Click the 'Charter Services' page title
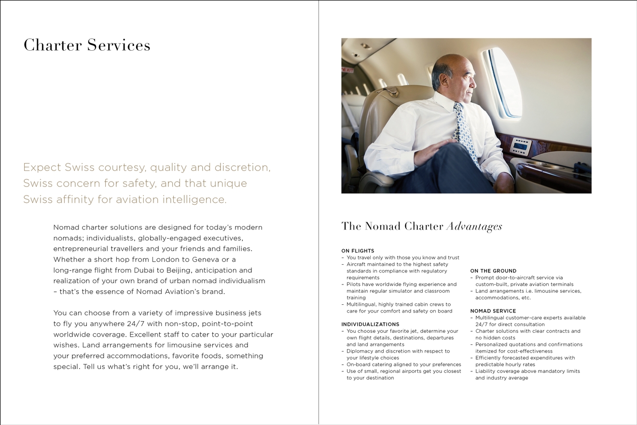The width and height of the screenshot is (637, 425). click(x=87, y=45)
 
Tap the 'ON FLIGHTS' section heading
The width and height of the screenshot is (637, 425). click(x=358, y=251)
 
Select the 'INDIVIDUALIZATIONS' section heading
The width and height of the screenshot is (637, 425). click(x=370, y=325)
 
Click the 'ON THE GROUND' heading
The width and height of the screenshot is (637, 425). click(x=493, y=271)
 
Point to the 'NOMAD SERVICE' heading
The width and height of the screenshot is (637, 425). click(x=493, y=311)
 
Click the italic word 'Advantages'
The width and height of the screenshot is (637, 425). click(x=474, y=227)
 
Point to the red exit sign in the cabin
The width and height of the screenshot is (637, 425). click(x=347, y=70)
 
